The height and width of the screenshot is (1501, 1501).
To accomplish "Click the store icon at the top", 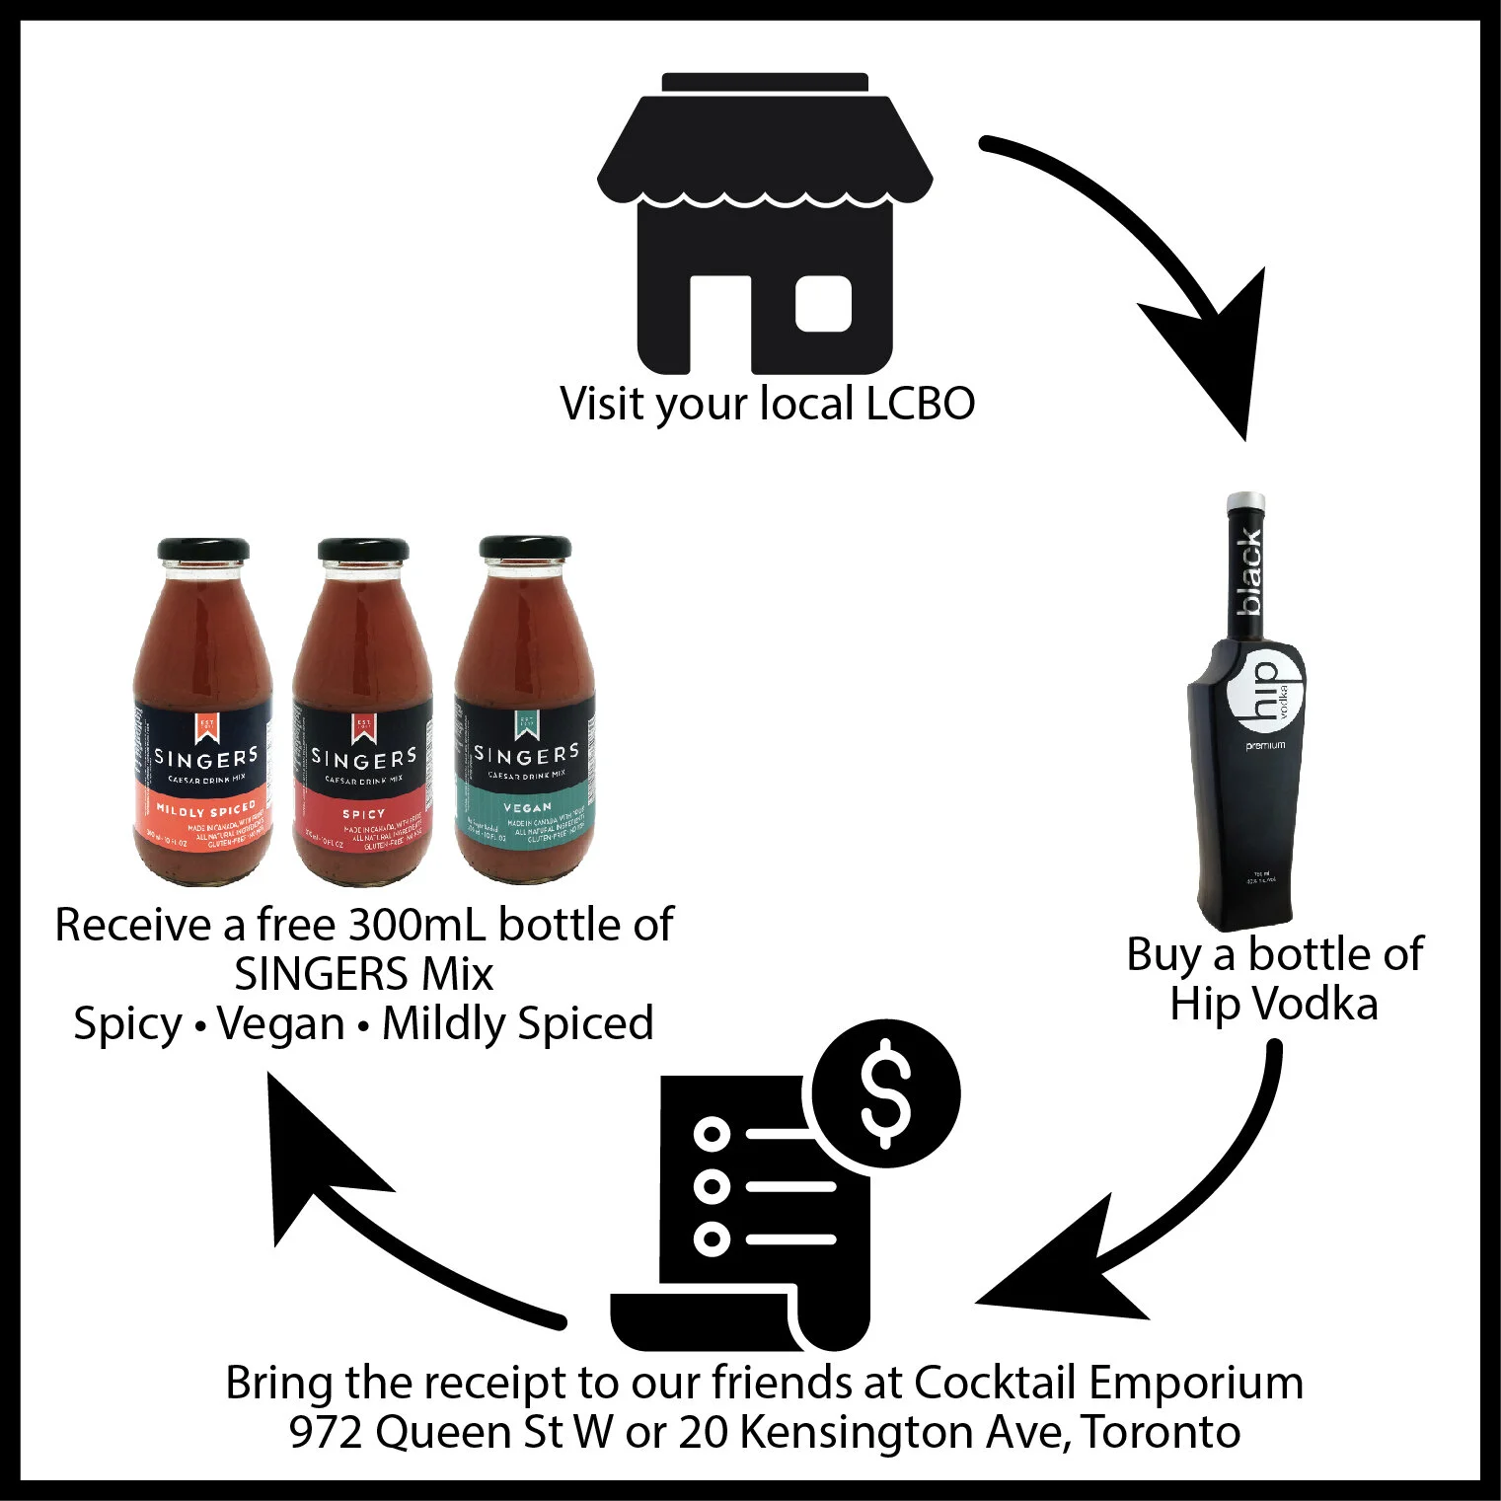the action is (765, 222).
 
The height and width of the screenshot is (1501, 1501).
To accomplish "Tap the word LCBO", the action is (920, 404).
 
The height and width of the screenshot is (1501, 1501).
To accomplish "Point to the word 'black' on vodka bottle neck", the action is (1250, 572).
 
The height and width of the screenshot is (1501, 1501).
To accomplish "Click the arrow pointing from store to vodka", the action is (1155, 257).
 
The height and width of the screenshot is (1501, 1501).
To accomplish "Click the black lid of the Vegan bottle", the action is (524, 549).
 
